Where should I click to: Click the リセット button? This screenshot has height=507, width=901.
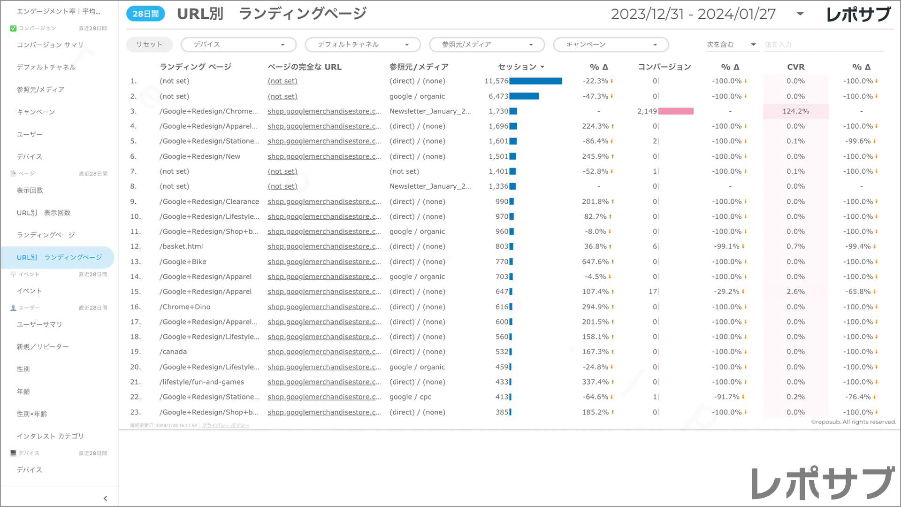(149, 45)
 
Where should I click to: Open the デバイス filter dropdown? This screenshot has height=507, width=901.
(238, 45)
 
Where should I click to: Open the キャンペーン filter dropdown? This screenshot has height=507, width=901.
(611, 45)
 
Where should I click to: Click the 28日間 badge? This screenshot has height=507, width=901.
(145, 14)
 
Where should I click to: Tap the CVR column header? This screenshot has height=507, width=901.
(795, 67)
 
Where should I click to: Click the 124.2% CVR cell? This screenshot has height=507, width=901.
(795, 111)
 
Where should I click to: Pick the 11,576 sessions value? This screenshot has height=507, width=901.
(496, 81)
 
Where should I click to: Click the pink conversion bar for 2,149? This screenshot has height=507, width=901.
(676, 111)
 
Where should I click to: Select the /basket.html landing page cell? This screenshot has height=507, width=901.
(181, 246)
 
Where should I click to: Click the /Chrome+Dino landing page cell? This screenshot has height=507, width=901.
(185, 307)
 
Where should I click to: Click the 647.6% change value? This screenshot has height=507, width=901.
(595, 261)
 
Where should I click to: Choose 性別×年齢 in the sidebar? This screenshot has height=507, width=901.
(32, 414)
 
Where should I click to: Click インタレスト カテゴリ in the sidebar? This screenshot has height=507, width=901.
(50, 436)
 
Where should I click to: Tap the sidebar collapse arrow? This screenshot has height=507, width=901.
(105, 499)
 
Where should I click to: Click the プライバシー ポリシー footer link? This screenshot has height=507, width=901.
(226, 425)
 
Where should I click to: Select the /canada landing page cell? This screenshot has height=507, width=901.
(173, 352)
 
